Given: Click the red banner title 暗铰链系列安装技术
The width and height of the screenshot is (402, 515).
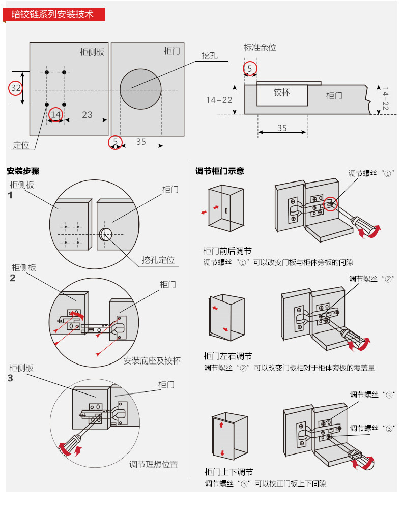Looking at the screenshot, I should point(53,14).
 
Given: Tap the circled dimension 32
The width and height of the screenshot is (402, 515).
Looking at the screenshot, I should point(16,88).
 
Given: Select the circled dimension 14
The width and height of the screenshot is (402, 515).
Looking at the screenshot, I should point(55,115).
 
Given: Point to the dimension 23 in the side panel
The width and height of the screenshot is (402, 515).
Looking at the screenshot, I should point(87,115).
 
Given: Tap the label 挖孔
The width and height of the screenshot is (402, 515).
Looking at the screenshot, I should point(209,56).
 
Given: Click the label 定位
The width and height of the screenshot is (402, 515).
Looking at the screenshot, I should point(21,145).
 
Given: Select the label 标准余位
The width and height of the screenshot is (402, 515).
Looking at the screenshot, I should point(260,48).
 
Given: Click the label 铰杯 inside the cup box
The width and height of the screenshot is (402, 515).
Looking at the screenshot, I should point(281,93).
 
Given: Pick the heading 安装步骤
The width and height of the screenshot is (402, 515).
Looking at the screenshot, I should point(23,171).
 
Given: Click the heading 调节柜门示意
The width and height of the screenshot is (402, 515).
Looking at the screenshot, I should point(220,171).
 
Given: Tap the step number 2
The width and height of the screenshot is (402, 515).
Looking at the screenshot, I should point(13,278).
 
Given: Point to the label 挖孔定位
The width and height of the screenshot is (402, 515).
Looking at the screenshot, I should point(158,260).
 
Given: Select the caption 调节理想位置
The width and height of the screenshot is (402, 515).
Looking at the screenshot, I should point(153,464).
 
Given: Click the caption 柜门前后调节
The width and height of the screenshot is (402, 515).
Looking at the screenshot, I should point(227,251).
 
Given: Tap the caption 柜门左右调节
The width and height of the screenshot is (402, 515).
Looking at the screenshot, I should point(227,356).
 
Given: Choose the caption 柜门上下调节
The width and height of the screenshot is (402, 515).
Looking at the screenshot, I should point(228,472).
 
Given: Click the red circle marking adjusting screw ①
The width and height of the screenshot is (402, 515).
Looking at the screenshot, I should point(331,204).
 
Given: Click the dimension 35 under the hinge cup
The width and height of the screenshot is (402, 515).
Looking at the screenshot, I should point(282,128).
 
